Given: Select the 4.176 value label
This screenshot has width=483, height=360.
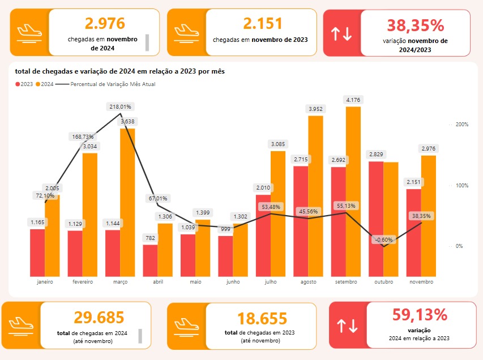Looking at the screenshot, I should pos(353,100).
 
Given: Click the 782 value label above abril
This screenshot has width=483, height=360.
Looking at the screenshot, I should pos(150,238).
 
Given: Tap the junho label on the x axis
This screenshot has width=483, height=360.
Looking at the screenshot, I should pos(233,281).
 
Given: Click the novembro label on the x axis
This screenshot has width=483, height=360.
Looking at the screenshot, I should pos(421,281).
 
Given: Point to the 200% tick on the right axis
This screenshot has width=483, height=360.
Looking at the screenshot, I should pos(461,124).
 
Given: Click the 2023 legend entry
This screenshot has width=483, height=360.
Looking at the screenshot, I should pos(24,84).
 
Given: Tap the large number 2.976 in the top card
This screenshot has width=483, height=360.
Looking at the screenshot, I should pos(105,23).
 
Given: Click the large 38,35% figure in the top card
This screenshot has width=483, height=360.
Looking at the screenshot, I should pos(415,25).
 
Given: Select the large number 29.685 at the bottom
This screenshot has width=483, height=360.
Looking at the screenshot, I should pos(99,318).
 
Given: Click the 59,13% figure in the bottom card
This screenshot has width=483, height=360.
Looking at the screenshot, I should pos(420,315).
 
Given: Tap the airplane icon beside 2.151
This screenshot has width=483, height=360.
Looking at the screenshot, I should pos(186,32).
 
